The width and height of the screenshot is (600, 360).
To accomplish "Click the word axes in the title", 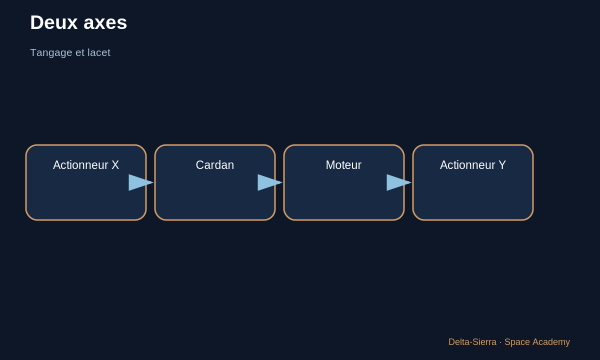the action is [x=105, y=23].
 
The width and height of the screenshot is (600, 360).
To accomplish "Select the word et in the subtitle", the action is [x=80, y=53].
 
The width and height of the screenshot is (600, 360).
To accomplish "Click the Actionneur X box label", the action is [x=86, y=165].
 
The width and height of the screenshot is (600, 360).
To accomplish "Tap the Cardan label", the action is [x=215, y=165].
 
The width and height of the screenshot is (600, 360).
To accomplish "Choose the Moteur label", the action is [x=343, y=165].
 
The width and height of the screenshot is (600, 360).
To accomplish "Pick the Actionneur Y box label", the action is [x=473, y=165].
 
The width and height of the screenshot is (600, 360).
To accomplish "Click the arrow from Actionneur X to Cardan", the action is [x=141, y=182].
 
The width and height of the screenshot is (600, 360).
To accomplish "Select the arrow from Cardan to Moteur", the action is [x=270, y=182].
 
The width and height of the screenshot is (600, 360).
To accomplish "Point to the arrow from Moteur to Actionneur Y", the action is [x=399, y=182].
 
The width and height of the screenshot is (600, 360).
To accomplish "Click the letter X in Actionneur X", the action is [x=115, y=165].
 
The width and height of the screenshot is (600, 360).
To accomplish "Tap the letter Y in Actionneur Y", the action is [x=502, y=165].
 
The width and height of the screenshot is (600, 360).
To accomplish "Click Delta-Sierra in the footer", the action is [x=472, y=342].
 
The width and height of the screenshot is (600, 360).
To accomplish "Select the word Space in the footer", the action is [x=517, y=342].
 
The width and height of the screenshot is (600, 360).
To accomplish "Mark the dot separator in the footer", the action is [x=500, y=342].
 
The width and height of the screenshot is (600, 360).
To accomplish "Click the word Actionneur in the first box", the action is [x=80, y=165].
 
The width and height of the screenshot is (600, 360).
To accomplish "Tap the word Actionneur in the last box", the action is [x=467, y=165].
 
